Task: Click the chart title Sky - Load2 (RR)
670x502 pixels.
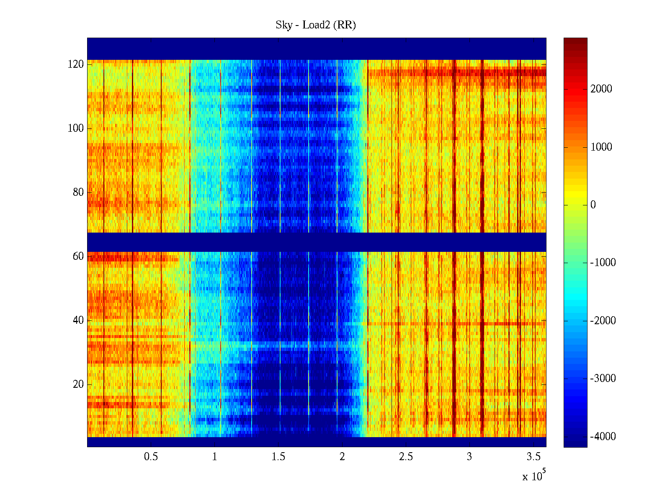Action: [316, 25]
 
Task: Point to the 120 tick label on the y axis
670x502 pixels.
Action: [76, 64]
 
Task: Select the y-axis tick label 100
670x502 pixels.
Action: [76, 128]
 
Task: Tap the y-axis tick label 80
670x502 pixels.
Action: [78, 192]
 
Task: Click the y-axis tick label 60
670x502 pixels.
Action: [78, 256]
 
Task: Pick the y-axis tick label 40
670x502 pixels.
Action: [78, 320]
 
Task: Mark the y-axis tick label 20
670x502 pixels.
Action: [78, 384]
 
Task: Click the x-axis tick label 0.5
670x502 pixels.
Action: [151, 457]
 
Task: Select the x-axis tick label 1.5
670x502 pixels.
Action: [278, 457]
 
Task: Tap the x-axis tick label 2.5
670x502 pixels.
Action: [406, 457]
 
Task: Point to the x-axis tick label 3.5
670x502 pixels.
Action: [533, 457]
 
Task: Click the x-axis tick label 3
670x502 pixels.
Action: [469, 457]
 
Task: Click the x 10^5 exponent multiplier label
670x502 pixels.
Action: [534, 476]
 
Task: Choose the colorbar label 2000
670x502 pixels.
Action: [601, 89]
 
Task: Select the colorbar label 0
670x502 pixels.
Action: [593, 205]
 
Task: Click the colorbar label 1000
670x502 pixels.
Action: [601, 147]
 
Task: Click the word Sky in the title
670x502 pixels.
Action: [283, 25]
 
